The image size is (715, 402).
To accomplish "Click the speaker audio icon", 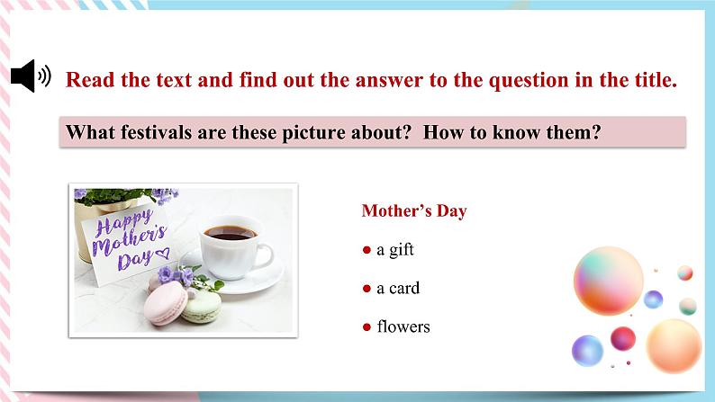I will pyautogui.click(x=31, y=78).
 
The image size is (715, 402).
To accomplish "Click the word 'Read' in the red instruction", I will pyautogui.click(x=89, y=79).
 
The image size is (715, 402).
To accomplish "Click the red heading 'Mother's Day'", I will pyautogui.click(x=413, y=210).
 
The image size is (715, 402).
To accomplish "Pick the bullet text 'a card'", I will pyautogui.click(x=397, y=288).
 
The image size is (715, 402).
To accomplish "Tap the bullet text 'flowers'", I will pyautogui.click(x=403, y=326).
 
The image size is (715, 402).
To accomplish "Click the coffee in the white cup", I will pyautogui.click(x=230, y=232).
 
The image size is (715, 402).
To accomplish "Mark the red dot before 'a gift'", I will pyautogui.click(x=367, y=250).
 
